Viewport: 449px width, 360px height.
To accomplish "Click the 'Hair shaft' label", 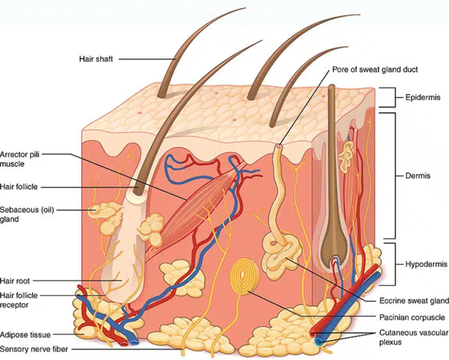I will pyautogui.click(x=97, y=59).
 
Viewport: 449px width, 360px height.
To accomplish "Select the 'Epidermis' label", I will pyautogui.click(x=422, y=98).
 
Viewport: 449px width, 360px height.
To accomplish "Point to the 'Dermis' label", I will pyautogui.click(x=417, y=175).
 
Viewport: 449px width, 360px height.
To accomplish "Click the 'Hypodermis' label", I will pyautogui.click(x=423, y=264).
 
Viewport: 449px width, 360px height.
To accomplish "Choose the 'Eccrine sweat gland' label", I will pyautogui.click(x=414, y=301).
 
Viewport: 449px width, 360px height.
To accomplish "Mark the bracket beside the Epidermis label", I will pyautogui.click(x=389, y=98).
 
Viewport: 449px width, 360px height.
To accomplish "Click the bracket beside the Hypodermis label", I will pyautogui.click(x=389, y=264).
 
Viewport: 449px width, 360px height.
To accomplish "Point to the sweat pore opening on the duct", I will pyautogui.click(x=279, y=147).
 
